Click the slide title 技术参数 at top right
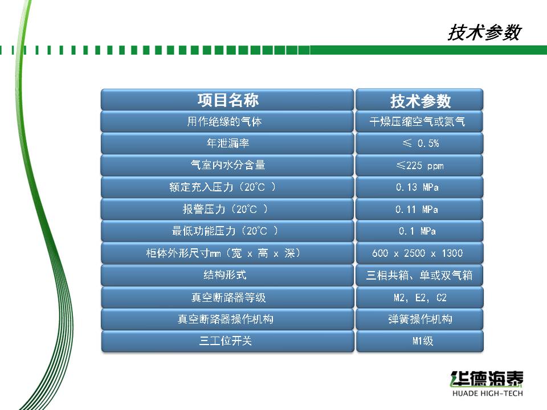point(484,32)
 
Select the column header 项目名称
point(228,100)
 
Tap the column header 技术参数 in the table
point(421,101)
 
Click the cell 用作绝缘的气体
point(224,121)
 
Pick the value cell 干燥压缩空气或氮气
point(417,121)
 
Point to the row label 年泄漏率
point(228,143)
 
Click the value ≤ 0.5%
point(421,143)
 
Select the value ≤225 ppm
point(420,165)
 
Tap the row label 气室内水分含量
point(228,165)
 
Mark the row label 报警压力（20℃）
point(226,209)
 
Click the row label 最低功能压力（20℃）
point(225,231)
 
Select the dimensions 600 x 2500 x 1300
point(418,253)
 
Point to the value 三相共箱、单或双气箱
point(419,275)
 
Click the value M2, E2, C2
point(420,297)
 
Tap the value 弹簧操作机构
point(420,319)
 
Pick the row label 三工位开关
point(226,341)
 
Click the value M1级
point(422,341)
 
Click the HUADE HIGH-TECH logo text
point(487,393)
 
